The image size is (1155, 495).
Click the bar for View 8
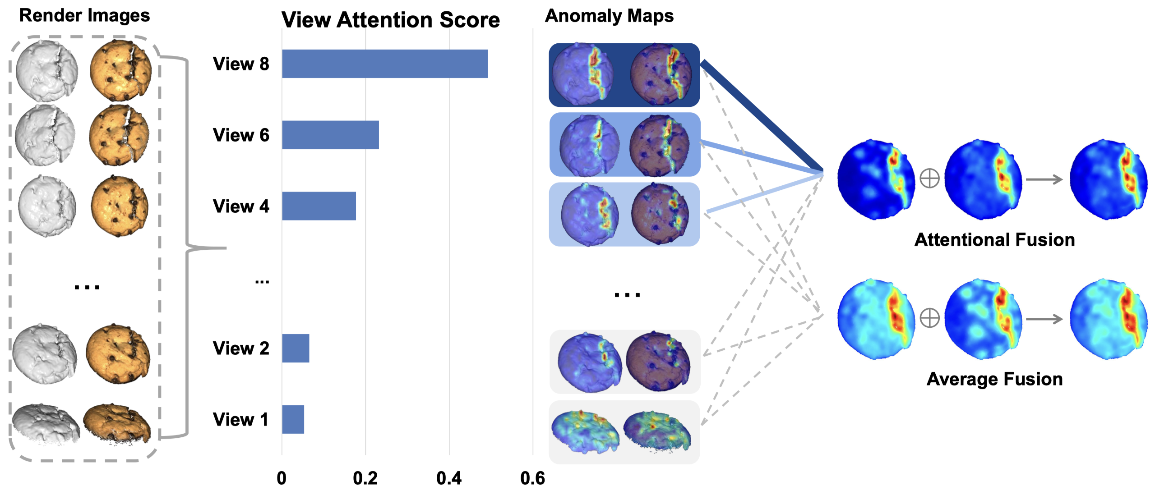click(385, 64)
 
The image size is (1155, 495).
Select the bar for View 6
click(331, 135)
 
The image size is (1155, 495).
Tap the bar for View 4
click(319, 206)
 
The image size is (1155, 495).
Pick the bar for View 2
click(296, 348)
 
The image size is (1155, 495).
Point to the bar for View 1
click(293, 419)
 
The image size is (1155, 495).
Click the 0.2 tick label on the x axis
click(365, 478)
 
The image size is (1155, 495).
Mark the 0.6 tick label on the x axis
click(533, 478)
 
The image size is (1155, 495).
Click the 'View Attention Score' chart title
click(391, 20)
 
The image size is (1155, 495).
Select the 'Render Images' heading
click(84, 15)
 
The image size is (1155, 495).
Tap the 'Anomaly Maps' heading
click(610, 16)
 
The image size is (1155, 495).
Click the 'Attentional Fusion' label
click(995, 240)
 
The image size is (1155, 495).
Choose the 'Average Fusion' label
click(995, 379)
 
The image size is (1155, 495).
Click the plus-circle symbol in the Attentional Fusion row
click(930, 179)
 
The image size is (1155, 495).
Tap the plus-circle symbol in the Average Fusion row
click(930, 318)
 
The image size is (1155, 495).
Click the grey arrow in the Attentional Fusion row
click(1044, 179)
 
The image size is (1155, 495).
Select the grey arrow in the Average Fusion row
click(1044, 319)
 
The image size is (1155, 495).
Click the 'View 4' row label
click(241, 206)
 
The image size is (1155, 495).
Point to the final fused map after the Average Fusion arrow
click(1109, 319)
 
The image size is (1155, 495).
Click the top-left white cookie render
click(46, 70)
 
